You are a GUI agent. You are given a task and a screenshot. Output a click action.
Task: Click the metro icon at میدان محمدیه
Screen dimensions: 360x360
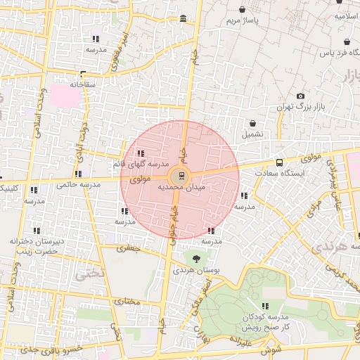coord(182,174)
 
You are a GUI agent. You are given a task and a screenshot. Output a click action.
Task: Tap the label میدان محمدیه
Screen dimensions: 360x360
coord(181,188)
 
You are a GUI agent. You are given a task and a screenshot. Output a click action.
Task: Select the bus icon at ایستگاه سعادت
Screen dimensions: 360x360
coord(280,163)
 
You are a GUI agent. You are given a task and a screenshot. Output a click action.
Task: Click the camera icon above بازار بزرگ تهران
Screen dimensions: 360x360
coord(301,96)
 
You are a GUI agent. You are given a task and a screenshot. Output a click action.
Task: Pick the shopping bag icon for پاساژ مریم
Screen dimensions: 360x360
coord(243,11)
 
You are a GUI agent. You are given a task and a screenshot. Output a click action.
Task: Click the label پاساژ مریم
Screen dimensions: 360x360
coord(242,21)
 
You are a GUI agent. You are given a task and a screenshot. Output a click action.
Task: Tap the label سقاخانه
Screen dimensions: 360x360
coord(82,84)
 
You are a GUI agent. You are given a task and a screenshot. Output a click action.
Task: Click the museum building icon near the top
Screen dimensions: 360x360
coord(184,18)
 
